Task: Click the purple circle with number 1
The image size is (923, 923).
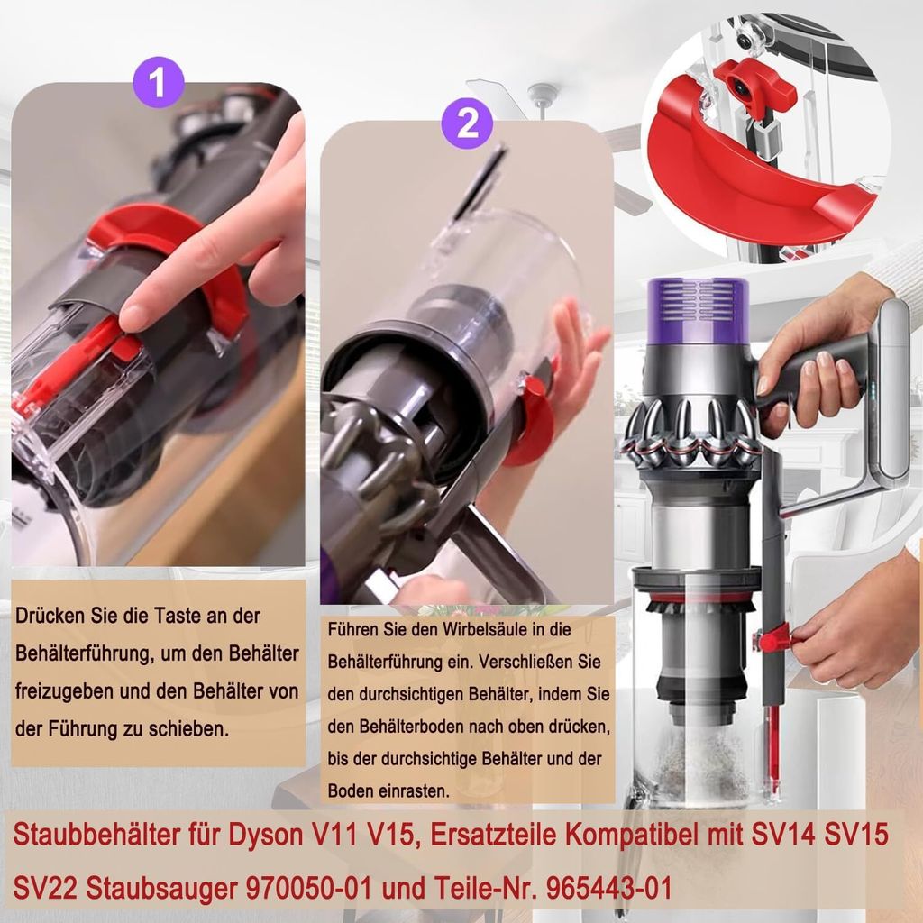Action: click(159, 82)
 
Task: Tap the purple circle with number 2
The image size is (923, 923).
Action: click(468, 123)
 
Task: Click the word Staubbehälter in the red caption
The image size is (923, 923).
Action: click(96, 836)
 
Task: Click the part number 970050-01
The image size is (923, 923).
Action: click(310, 888)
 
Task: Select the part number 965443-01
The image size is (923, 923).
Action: click(608, 888)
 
